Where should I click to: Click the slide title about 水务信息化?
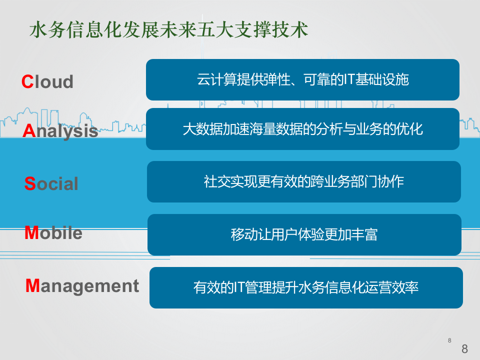click(x=168, y=30)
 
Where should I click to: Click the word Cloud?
click(x=47, y=82)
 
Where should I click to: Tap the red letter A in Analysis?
click(x=29, y=131)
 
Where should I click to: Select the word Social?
click(x=51, y=184)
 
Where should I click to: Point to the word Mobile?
click(x=53, y=233)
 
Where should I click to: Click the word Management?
click(x=82, y=286)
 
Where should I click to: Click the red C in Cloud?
click(x=27, y=82)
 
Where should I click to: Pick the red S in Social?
click(x=29, y=184)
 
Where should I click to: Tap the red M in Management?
click(x=32, y=285)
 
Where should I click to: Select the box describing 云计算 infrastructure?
click(x=302, y=79)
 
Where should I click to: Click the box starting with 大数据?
click(x=302, y=129)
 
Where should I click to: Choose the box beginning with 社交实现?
click(x=303, y=181)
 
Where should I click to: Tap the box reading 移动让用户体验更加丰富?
click(x=304, y=234)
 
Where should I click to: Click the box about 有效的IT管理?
click(x=306, y=287)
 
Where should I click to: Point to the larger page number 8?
click(x=464, y=349)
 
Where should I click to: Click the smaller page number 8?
click(x=449, y=340)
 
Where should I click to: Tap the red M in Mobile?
click(x=31, y=233)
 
